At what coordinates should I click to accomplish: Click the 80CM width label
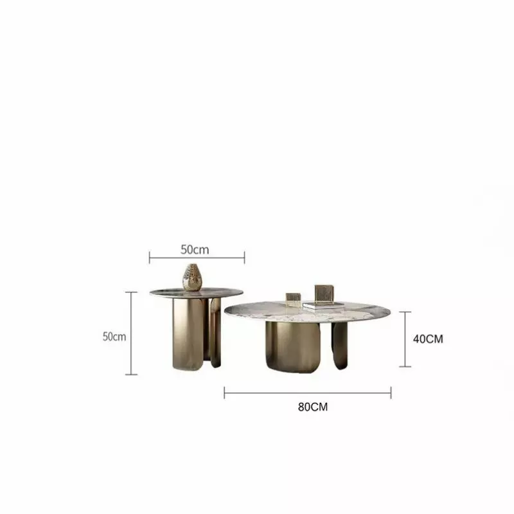[313, 407]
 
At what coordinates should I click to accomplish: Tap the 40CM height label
[428, 339]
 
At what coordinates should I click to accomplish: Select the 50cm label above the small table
[195, 250]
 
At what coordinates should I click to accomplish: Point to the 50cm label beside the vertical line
[114, 337]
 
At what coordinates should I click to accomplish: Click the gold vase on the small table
[192, 278]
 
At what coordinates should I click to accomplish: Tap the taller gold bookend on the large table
[324, 295]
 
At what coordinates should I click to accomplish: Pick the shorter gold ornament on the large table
[293, 299]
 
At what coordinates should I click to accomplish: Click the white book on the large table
[323, 306]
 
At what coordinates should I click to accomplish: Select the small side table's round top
[197, 293]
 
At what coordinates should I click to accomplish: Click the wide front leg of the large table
[293, 347]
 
